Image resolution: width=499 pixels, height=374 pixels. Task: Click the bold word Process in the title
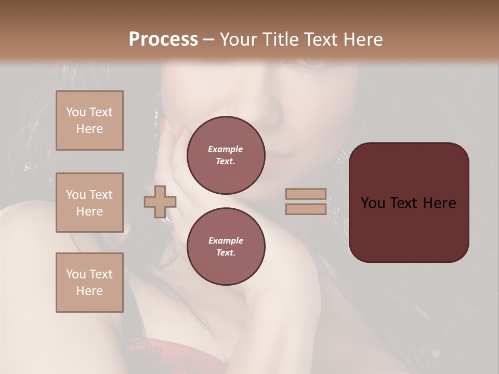coord(163,39)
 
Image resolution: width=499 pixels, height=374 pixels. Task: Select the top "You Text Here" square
coord(89,121)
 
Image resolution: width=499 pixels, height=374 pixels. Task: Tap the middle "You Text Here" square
coord(89,203)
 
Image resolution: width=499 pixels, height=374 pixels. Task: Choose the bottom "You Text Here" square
coord(89,282)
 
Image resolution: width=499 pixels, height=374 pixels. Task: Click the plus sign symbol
coord(160,202)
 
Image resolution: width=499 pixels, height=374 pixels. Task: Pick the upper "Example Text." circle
coord(226,155)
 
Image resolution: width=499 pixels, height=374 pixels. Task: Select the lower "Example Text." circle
coord(226,246)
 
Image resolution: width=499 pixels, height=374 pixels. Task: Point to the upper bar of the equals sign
coord(306,194)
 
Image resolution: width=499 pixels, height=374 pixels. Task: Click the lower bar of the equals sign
coord(306,209)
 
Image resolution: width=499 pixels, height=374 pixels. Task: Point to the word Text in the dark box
coord(406,203)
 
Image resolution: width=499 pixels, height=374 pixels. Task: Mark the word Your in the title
coord(238,39)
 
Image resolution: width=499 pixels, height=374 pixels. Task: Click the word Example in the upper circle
coord(226,149)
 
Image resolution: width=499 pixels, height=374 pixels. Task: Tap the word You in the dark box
coord(373,203)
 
